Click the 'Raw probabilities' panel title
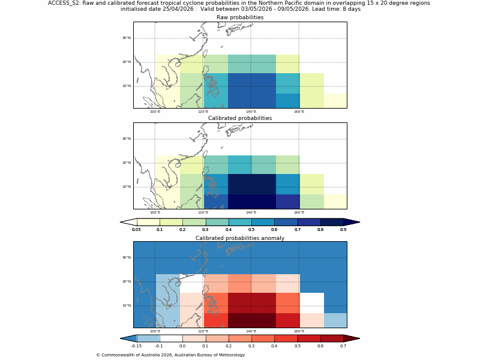(x=240, y=17)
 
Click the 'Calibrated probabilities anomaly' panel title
(x=240, y=238)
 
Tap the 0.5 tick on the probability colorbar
(x=251, y=230)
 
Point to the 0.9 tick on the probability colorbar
(x=343, y=230)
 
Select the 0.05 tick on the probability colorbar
(x=136, y=230)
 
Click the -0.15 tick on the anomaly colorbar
(x=136, y=346)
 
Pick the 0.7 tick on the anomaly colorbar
(x=343, y=346)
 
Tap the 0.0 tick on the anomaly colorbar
(x=182, y=346)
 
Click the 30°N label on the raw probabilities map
(x=127, y=38)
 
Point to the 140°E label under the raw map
(x=251, y=112)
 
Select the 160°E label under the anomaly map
(x=299, y=331)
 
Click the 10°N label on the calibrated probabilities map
(x=127, y=187)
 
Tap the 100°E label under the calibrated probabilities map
(x=155, y=212)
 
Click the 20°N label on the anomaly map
(x=127, y=281)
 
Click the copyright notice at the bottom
(x=170, y=355)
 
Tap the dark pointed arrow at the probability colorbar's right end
(x=352, y=222)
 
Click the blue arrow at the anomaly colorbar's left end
(x=128, y=338)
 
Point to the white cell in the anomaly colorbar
(x=171, y=338)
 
